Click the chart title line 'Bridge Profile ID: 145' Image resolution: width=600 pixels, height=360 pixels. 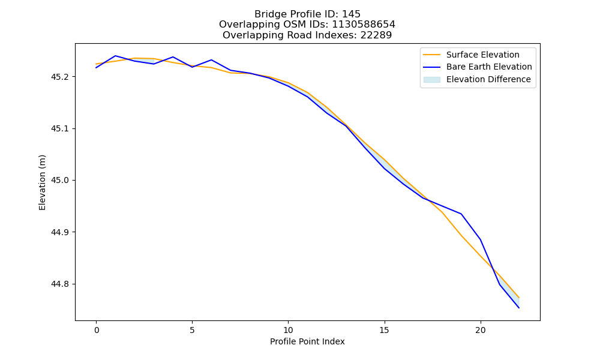click(307, 14)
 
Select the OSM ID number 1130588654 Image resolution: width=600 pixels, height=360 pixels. click(363, 25)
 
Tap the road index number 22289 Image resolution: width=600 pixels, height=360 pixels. click(376, 35)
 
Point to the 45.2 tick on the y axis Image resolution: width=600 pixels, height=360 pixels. click(59, 77)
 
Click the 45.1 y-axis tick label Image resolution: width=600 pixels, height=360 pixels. click(59, 128)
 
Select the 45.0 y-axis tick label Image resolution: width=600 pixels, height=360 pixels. click(59, 180)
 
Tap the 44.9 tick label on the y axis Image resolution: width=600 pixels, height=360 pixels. click(59, 232)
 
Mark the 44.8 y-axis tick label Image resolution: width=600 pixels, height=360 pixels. click(59, 284)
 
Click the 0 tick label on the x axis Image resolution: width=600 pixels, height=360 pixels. click(97, 330)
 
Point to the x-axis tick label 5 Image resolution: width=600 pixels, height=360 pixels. click(192, 330)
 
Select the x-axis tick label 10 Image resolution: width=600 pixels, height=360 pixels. click(288, 330)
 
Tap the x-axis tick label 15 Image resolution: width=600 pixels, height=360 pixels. click(384, 330)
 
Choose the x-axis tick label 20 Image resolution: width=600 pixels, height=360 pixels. click(480, 330)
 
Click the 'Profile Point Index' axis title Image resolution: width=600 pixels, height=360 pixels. click(307, 341)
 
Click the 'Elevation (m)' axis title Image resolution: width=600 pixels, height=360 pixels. click(42, 182)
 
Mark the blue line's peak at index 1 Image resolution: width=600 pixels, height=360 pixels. click(115, 56)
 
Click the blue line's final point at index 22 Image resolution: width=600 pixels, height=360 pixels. click(519, 308)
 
